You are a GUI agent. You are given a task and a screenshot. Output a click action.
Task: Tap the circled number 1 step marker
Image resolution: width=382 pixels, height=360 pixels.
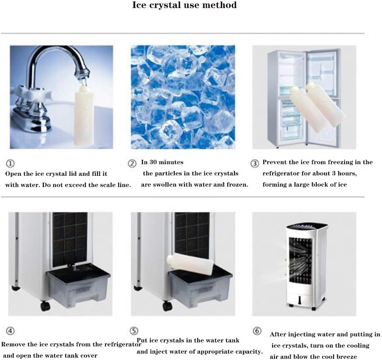(10, 163)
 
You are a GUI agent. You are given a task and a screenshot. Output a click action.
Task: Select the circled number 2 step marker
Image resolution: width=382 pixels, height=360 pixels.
(132, 163)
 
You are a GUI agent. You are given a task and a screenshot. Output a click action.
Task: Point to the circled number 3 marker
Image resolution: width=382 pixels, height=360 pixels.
(255, 163)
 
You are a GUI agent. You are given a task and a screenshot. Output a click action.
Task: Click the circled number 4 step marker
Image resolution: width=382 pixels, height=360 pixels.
(10, 331)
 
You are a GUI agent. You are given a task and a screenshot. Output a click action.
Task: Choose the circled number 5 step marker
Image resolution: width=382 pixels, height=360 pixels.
(134, 331)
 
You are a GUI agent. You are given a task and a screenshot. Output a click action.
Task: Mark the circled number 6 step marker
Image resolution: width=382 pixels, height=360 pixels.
(257, 331)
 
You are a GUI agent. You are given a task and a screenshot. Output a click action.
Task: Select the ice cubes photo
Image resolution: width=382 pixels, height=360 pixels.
(183, 97)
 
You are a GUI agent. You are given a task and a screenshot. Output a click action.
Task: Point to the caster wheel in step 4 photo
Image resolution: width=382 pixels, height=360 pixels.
(45, 306)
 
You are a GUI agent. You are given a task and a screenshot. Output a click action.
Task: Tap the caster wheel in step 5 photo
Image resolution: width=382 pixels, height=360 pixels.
(168, 306)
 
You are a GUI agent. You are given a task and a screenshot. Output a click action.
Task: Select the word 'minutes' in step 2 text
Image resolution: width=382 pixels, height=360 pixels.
(171, 162)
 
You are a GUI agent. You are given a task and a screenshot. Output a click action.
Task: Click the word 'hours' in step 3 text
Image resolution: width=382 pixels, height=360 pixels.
(347, 173)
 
